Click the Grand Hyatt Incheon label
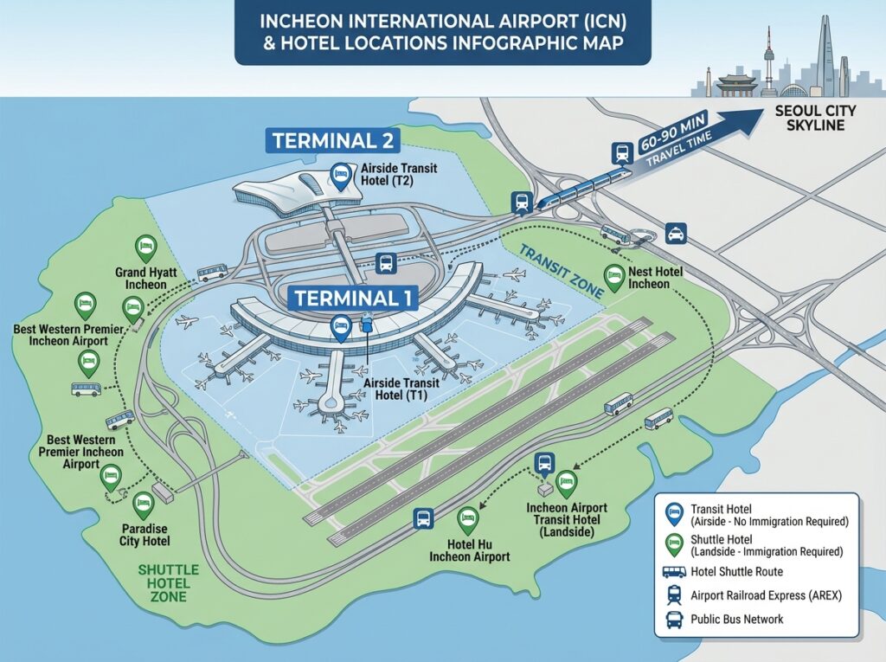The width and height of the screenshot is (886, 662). click(146, 278)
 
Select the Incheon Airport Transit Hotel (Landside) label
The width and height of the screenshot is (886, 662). click(567, 520)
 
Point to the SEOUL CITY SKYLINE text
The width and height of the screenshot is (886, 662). click(815, 119)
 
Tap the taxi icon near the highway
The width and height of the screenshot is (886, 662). click(673, 232)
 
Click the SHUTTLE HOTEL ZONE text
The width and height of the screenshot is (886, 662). click(169, 583)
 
